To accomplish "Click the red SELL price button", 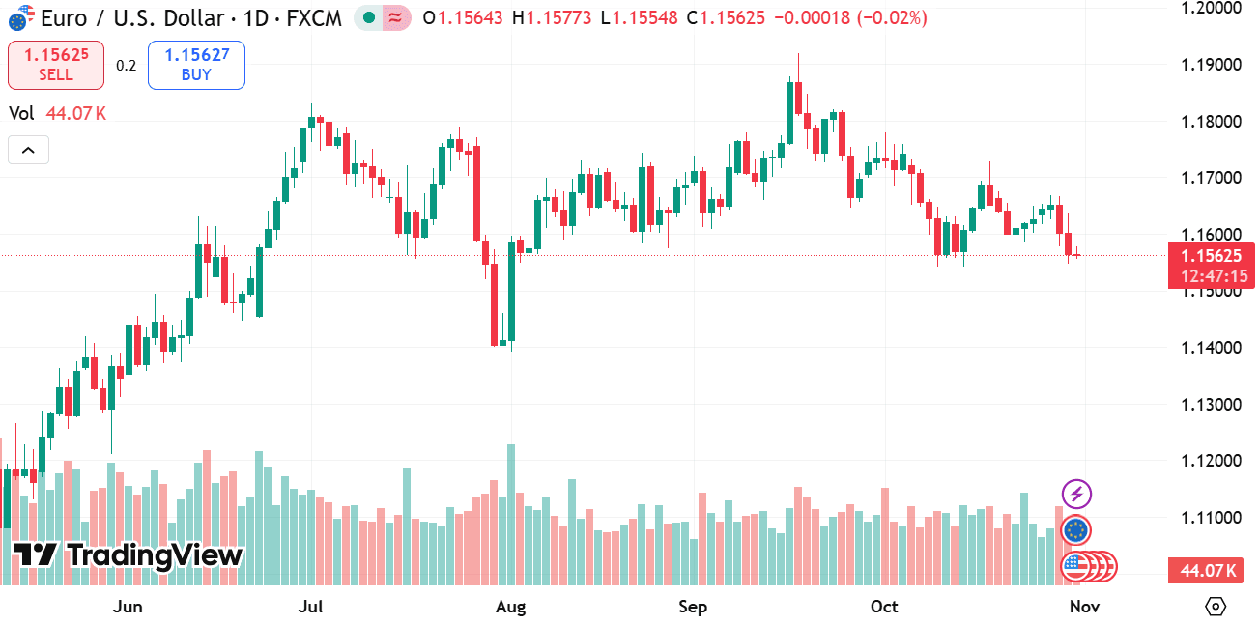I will [55, 65].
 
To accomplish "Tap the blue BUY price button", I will [196, 65].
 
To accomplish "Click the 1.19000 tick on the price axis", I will [1211, 65].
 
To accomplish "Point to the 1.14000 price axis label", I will [1211, 348].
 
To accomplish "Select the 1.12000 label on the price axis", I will [1211, 461].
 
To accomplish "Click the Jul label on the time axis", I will [310, 607].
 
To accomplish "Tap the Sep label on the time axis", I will [693, 607].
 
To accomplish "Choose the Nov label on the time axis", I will [1084, 607].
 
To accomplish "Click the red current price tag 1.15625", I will [1210, 256].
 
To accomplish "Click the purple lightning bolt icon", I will [1076, 496].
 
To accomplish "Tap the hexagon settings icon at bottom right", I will [1216, 607].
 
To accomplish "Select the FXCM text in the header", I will [315, 17].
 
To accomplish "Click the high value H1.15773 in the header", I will [552, 17].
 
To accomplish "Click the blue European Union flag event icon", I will [1076, 529].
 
